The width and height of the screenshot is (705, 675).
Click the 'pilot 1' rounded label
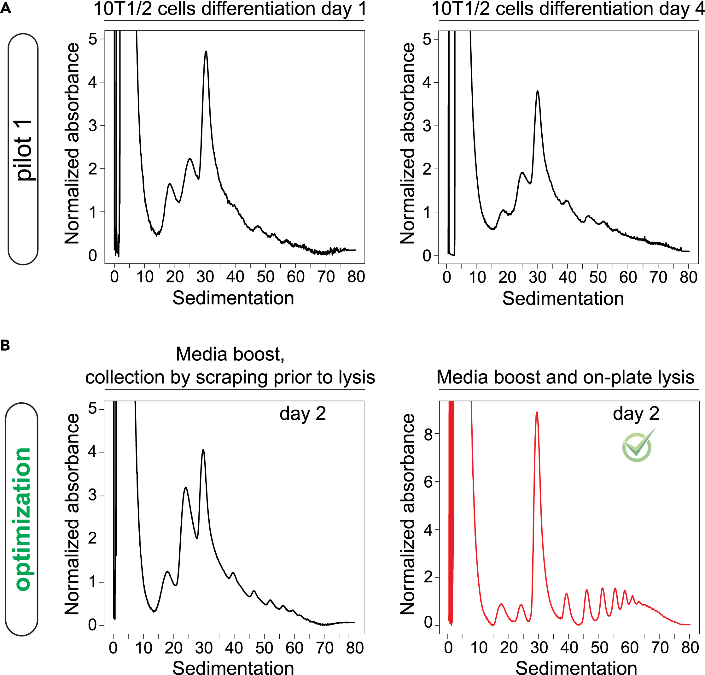tap(23, 149)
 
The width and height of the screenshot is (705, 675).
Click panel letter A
tap(6, 8)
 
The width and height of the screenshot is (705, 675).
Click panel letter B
tap(5, 346)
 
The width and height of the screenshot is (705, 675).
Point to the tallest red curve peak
tap(537, 413)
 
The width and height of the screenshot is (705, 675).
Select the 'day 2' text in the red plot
tap(636, 414)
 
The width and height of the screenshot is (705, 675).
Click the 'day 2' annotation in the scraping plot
tap(303, 414)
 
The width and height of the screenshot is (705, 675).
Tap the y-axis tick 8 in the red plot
tap(428, 434)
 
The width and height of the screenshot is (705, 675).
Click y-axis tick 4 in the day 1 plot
tap(93, 82)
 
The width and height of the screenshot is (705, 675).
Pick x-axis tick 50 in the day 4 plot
tap(598, 277)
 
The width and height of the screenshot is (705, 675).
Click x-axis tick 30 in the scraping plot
tap(204, 648)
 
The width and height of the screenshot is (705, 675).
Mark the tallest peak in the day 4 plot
tap(538, 92)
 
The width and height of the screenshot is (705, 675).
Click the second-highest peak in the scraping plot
tap(185, 488)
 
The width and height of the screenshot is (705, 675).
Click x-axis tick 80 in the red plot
tap(690, 648)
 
